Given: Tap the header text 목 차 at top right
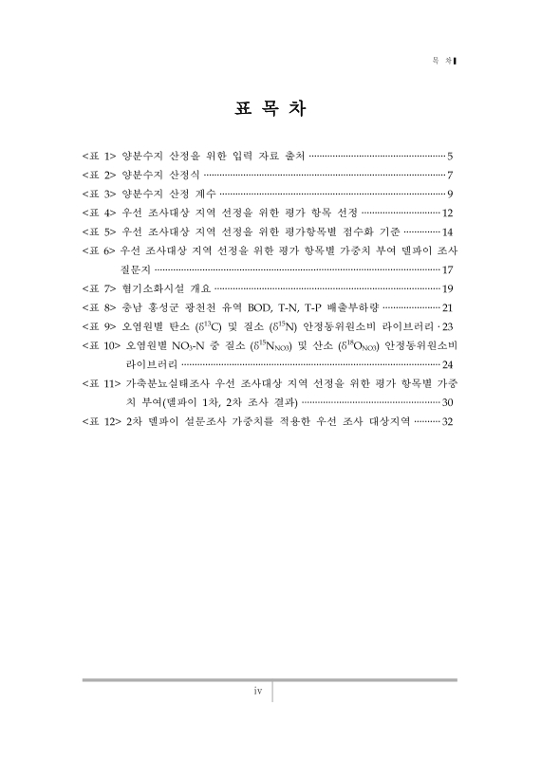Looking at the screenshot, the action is pos(440,62).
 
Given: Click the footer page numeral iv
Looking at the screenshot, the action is pos(256,692).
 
